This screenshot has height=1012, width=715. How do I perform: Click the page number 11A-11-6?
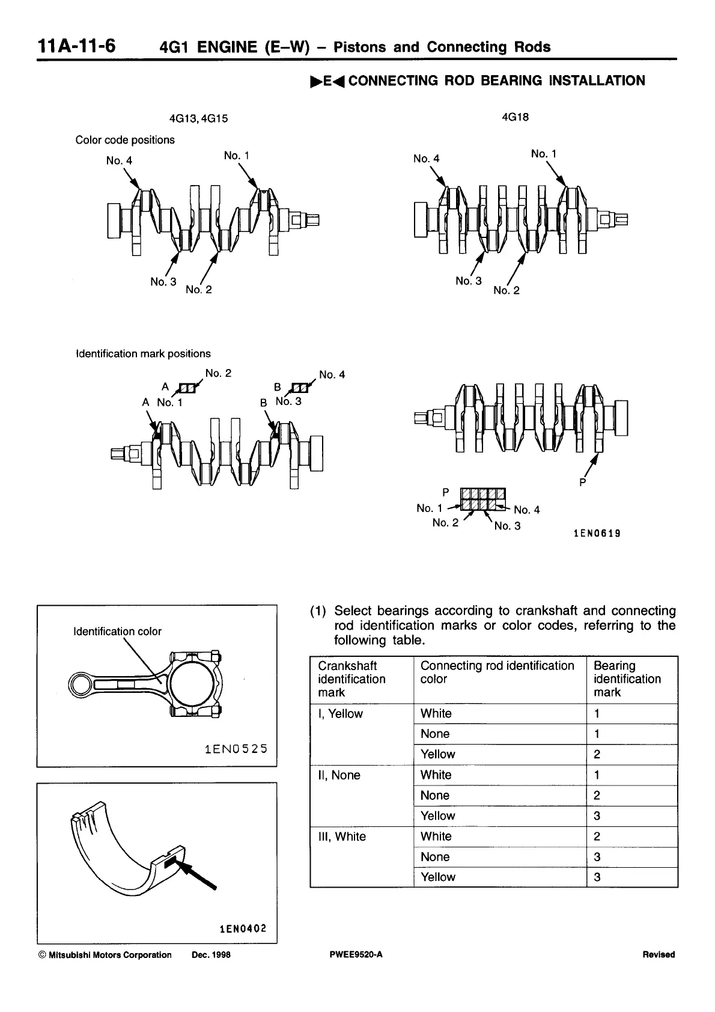tap(76, 46)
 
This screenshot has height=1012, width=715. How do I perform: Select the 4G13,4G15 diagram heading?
tap(199, 118)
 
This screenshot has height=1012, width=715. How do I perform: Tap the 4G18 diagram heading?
tap(515, 117)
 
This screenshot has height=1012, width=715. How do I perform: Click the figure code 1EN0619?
tap(597, 533)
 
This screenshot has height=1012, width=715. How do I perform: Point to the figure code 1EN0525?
tap(236, 749)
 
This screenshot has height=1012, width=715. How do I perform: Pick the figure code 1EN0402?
tap(242, 928)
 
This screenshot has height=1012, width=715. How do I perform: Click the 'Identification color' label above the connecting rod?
tap(117, 631)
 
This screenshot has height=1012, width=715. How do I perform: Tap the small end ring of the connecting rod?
tap(81, 684)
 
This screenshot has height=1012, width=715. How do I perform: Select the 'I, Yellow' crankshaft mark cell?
tap(341, 714)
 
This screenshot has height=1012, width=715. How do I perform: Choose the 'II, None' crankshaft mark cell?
tap(339, 775)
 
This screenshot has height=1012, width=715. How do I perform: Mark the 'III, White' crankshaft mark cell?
tap(342, 837)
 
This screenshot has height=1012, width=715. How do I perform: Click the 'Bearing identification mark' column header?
tap(627, 679)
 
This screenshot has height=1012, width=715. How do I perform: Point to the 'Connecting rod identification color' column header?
tap(497, 672)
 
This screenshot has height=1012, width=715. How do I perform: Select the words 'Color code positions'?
tap(125, 140)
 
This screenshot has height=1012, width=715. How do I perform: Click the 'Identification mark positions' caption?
tap(143, 354)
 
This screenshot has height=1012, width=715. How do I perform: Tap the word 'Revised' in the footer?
tap(659, 954)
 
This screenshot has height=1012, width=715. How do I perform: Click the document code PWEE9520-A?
tap(353, 954)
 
